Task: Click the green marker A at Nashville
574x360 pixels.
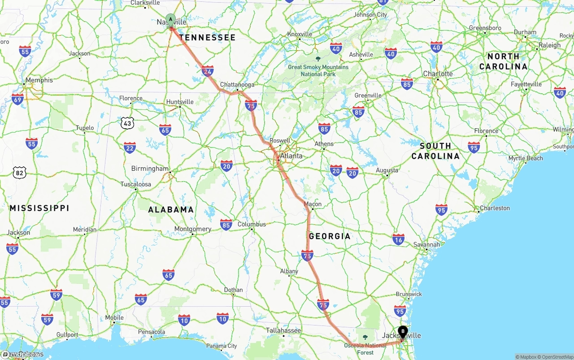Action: (170, 19)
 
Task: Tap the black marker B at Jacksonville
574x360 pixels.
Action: (403, 332)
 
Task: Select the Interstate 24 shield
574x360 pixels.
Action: (208, 71)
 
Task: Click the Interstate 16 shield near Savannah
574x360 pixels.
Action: (398, 239)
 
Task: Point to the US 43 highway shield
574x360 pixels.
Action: (127, 122)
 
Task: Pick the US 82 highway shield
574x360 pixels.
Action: (19, 172)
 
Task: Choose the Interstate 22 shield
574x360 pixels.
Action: (130, 147)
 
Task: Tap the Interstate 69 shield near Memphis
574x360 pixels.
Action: (17, 99)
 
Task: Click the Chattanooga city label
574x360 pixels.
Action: (237, 85)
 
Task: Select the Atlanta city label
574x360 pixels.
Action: (291, 156)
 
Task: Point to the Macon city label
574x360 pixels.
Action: (313, 204)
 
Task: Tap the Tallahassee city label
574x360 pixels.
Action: (283, 330)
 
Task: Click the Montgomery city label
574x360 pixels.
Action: (193, 229)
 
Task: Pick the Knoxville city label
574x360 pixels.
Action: (300, 34)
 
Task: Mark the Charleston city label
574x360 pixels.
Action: (495, 208)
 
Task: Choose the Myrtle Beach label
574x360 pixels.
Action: (525, 158)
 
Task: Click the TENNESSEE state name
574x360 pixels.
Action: (207, 38)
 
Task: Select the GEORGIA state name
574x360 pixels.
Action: (330, 236)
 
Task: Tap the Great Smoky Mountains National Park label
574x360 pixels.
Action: (318, 70)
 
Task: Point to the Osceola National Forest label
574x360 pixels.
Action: (365, 349)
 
